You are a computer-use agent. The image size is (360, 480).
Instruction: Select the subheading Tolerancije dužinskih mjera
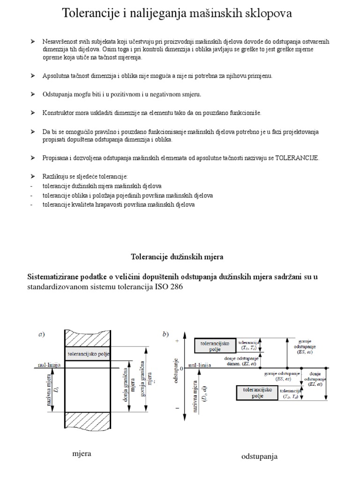(x=177, y=257)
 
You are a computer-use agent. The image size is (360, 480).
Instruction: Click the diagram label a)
(x=42, y=334)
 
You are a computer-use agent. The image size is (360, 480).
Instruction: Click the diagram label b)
(x=165, y=334)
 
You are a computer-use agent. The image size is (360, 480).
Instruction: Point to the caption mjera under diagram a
(x=82, y=453)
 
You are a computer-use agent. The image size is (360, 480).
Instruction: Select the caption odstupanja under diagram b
(x=259, y=456)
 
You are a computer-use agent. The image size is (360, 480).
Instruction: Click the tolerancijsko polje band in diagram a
(x=88, y=354)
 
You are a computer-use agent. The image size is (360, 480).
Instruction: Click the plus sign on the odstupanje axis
(x=177, y=342)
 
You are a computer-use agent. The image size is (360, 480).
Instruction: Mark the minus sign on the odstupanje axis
(x=177, y=409)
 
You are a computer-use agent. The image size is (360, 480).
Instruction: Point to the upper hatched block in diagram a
(x=88, y=339)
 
